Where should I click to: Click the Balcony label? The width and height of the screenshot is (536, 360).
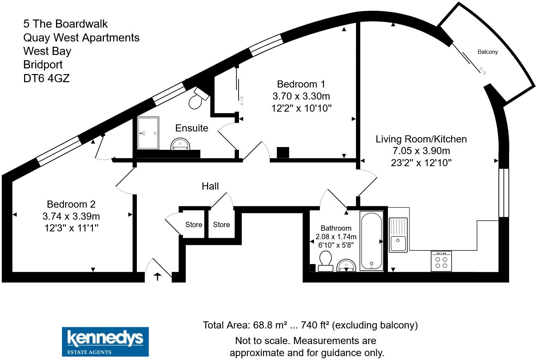tap(487, 52)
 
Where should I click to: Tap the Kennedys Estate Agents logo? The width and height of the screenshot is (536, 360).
tap(105, 342)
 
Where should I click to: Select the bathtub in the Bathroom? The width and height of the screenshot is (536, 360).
tap(371, 241)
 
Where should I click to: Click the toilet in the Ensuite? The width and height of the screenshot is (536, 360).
tap(197, 99)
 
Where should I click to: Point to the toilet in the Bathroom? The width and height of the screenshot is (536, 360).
tap(325, 261)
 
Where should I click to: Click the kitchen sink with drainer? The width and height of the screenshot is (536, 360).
tap(398, 235)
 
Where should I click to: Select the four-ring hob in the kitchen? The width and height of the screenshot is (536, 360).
tap(441, 261)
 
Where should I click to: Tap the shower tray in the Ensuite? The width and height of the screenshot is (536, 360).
tap(148, 133)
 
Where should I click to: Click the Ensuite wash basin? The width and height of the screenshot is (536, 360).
tap(181, 144)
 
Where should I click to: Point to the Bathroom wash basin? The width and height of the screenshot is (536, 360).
tap(346, 265)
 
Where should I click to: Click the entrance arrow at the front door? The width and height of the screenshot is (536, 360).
tap(157, 276)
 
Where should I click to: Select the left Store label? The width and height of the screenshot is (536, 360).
tap(194, 225)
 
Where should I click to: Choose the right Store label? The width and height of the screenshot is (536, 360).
tap(221, 225)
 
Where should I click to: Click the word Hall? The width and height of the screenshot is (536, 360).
tap(210, 186)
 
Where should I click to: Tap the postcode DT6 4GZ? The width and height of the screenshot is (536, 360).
tap(46, 78)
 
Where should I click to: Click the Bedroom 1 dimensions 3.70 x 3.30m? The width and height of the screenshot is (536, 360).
tap(301, 96)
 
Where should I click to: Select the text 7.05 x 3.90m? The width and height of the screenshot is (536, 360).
tap(421, 151)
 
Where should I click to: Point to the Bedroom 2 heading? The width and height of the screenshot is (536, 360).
tap(71, 204)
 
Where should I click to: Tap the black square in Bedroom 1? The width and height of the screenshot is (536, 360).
tap(283, 153)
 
